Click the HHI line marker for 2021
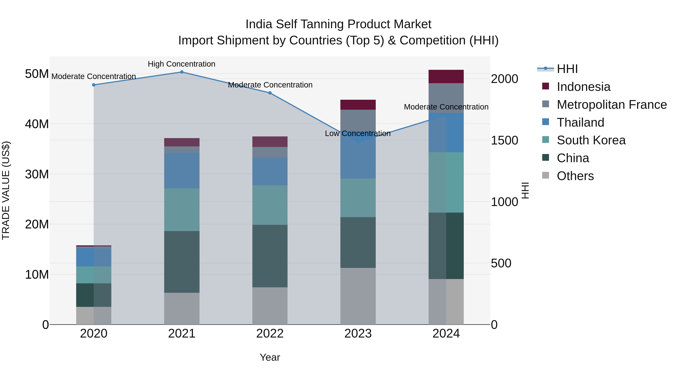point(182,72)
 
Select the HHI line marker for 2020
point(94,85)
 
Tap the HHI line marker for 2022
point(270,93)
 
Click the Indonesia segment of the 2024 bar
point(446,77)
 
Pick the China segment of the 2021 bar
point(182,262)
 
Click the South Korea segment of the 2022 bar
point(270,205)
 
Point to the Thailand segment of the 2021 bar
point(182,170)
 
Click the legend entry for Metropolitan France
point(612,105)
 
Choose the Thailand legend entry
point(580,122)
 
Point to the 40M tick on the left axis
point(37,124)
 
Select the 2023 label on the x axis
point(358,334)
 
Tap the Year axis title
point(270,357)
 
